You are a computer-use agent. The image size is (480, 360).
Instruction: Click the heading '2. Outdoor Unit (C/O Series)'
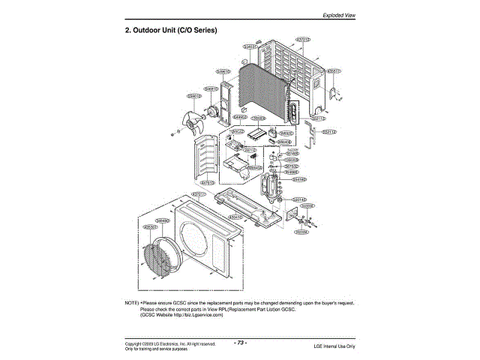(x=170, y=31)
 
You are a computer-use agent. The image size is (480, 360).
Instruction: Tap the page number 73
(x=240, y=342)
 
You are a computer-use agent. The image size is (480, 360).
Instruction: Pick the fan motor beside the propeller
(x=213, y=114)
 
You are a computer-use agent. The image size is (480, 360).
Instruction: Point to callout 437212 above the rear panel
(x=303, y=39)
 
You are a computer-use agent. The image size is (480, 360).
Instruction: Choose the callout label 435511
(x=334, y=71)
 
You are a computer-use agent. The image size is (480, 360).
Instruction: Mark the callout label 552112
(x=328, y=131)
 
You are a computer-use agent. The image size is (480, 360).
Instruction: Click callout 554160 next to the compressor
(x=298, y=179)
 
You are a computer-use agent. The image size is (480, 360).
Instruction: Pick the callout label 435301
(x=150, y=226)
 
